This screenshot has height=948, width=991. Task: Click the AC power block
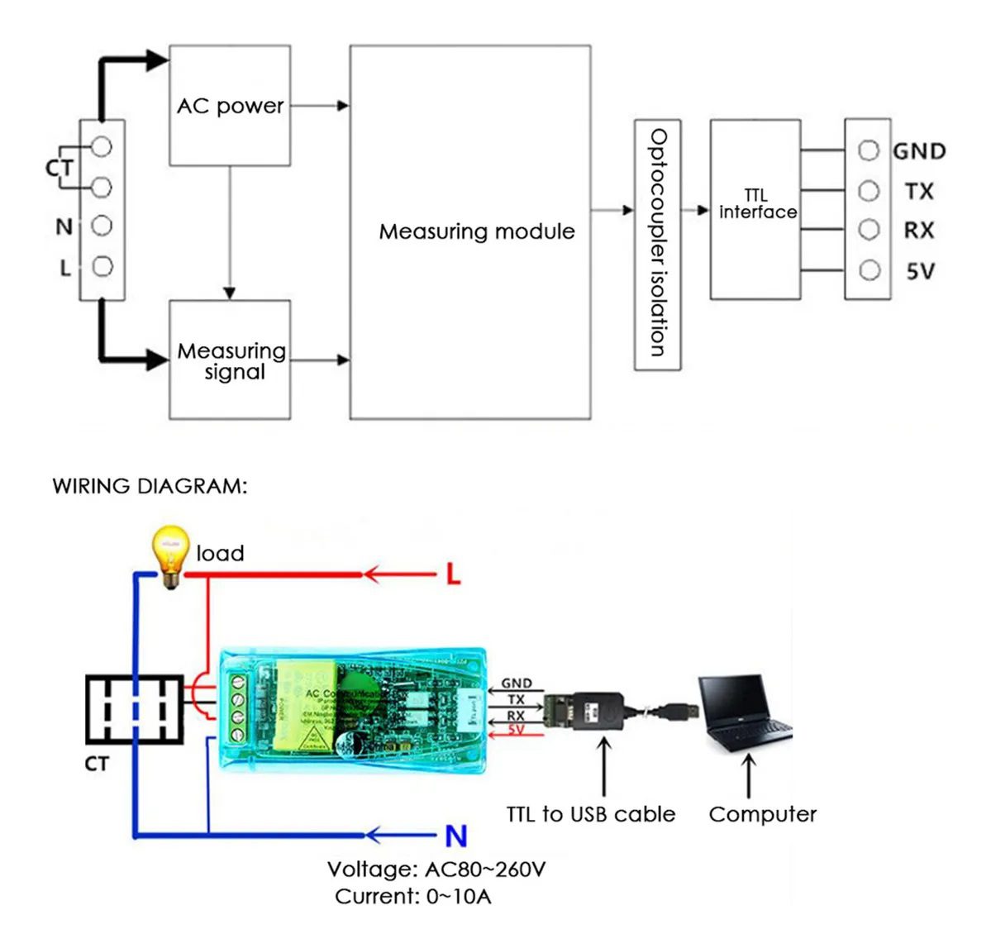click(230, 106)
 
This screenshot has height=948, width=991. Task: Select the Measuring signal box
click(230, 360)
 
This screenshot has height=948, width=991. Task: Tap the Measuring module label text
click(477, 231)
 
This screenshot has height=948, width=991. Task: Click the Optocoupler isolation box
click(657, 244)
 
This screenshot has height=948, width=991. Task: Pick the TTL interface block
click(755, 208)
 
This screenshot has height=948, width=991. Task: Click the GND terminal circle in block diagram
click(868, 150)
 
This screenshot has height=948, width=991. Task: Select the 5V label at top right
click(920, 271)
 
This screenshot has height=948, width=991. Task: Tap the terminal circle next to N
click(102, 226)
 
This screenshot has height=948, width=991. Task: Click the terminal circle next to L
click(102, 266)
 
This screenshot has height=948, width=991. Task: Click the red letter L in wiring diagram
click(453, 574)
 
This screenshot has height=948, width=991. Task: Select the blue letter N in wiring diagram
click(455, 836)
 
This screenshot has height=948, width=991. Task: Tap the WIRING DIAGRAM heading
click(150, 486)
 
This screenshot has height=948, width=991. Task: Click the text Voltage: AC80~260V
click(436, 869)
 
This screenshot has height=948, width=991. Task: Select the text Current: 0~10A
click(412, 897)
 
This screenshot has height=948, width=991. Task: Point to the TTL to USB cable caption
click(591, 814)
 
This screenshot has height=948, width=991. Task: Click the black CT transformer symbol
click(134, 709)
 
